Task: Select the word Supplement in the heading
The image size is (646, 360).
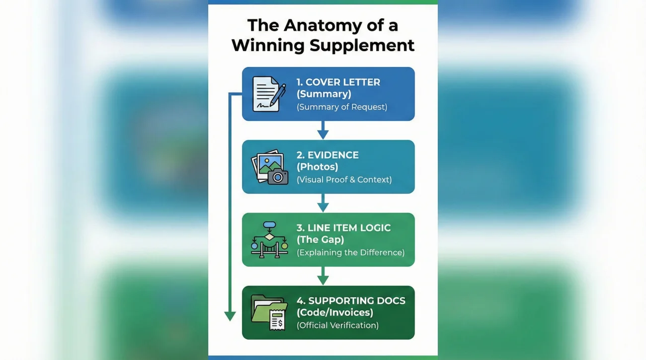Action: pyautogui.click(x=362, y=45)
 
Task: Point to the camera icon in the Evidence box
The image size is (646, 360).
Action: pyautogui.click(x=278, y=176)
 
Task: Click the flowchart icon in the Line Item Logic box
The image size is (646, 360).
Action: pyautogui.click(x=269, y=239)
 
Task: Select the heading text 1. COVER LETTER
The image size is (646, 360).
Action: pyautogui.click(x=338, y=82)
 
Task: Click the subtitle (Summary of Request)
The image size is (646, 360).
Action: pyautogui.click(x=342, y=107)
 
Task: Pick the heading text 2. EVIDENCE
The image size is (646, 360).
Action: pyautogui.click(x=327, y=155)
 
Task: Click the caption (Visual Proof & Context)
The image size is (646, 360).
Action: pyautogui.click(x=344, y=180)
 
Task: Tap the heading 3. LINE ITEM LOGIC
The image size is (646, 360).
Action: pyautogui.click(x=343, y=228)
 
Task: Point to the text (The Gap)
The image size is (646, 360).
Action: pyautogui.click(x=320, y=240)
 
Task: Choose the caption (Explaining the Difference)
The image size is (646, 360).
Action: pyautogui.click(x=350, y=253)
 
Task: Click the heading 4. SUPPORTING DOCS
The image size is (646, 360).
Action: pyautogui.click(x=351, y=301)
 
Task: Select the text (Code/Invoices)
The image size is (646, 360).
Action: pyautogui.click(x=334, y=313)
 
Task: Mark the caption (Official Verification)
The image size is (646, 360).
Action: pyautogui.click(x=337, y=326)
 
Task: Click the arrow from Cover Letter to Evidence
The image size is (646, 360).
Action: pyautogui.click(x=323, y=131)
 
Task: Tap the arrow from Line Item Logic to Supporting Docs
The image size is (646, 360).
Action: pyautogui.click(x=323, y=276)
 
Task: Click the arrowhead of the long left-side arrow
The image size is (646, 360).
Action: pyautogui.click(x=230, y=316)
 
